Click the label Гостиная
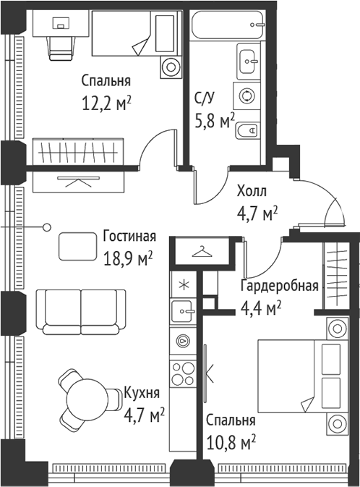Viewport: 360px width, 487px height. (x=129, y=237)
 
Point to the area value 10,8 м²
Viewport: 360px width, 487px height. (x=231, y=441)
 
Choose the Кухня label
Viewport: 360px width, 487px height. (x=141, y=393)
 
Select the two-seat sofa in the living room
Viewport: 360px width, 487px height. (x=80, y=312)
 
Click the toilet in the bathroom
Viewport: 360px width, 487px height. (x=248, y=130)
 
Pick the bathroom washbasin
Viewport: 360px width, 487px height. (x=248, y=57)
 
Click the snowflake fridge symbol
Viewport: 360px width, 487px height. (x=183, y=284)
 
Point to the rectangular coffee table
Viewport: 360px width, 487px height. (x=77, y=245)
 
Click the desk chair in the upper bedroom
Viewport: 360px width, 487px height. (x=59, y=46)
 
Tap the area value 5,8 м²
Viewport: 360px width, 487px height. (x=215, y=120)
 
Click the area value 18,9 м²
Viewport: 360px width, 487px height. (x=129, y=258)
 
